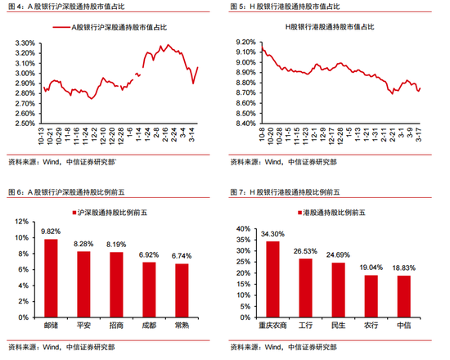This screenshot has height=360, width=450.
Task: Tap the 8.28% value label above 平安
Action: (83, 244)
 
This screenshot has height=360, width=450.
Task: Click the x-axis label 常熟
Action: (181, 324)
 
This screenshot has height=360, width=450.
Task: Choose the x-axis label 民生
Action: (338, 324)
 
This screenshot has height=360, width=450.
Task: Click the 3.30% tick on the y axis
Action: (25, 42)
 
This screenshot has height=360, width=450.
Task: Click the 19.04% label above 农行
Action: (371, 267)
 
